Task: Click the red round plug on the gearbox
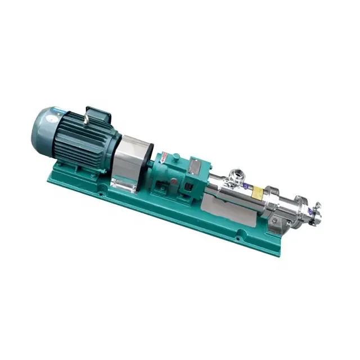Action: click(x=179, y=182)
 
